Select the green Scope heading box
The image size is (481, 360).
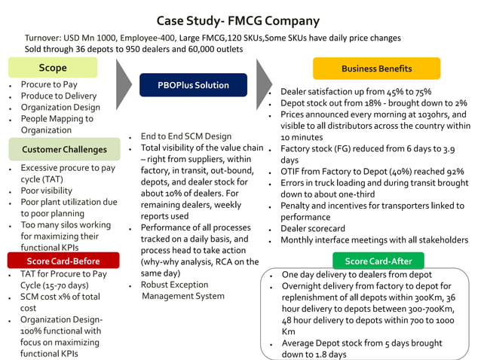pos(53,69)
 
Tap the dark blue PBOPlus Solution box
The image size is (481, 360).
pos(193,85)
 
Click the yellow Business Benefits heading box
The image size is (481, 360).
pos(376,69)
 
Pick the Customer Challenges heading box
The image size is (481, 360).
pos(64,149)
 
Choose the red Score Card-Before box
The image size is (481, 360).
pos(64,261)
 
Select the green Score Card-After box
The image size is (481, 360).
pos(378,261)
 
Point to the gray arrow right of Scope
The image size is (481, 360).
pos(125,83)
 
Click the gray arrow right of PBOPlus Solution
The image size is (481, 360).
pos(263,83)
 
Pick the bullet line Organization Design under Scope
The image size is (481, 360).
pos(60,107)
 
